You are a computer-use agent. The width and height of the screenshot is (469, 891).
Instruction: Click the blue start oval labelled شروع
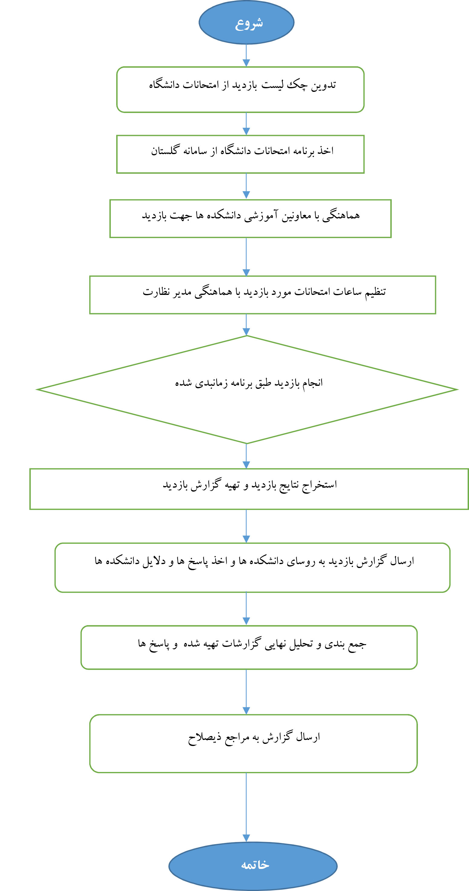pyautogui.click(x=246, y=22)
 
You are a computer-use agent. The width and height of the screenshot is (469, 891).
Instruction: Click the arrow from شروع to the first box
pyautogui.click(x=246, y=55)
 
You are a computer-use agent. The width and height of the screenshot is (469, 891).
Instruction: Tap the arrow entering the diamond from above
pyautogui.click(x=246, y=325)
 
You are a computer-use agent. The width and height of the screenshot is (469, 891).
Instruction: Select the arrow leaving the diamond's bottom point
pyautogui.click(x=246, y=456)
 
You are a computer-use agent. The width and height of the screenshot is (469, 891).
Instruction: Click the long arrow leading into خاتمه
pyautogui.click(x=246, y=807)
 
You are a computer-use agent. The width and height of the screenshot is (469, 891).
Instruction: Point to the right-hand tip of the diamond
pyautogui.click(x=458, y=389)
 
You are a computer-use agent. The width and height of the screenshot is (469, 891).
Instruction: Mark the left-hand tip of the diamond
pyautogui.click(x=37, y=389)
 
